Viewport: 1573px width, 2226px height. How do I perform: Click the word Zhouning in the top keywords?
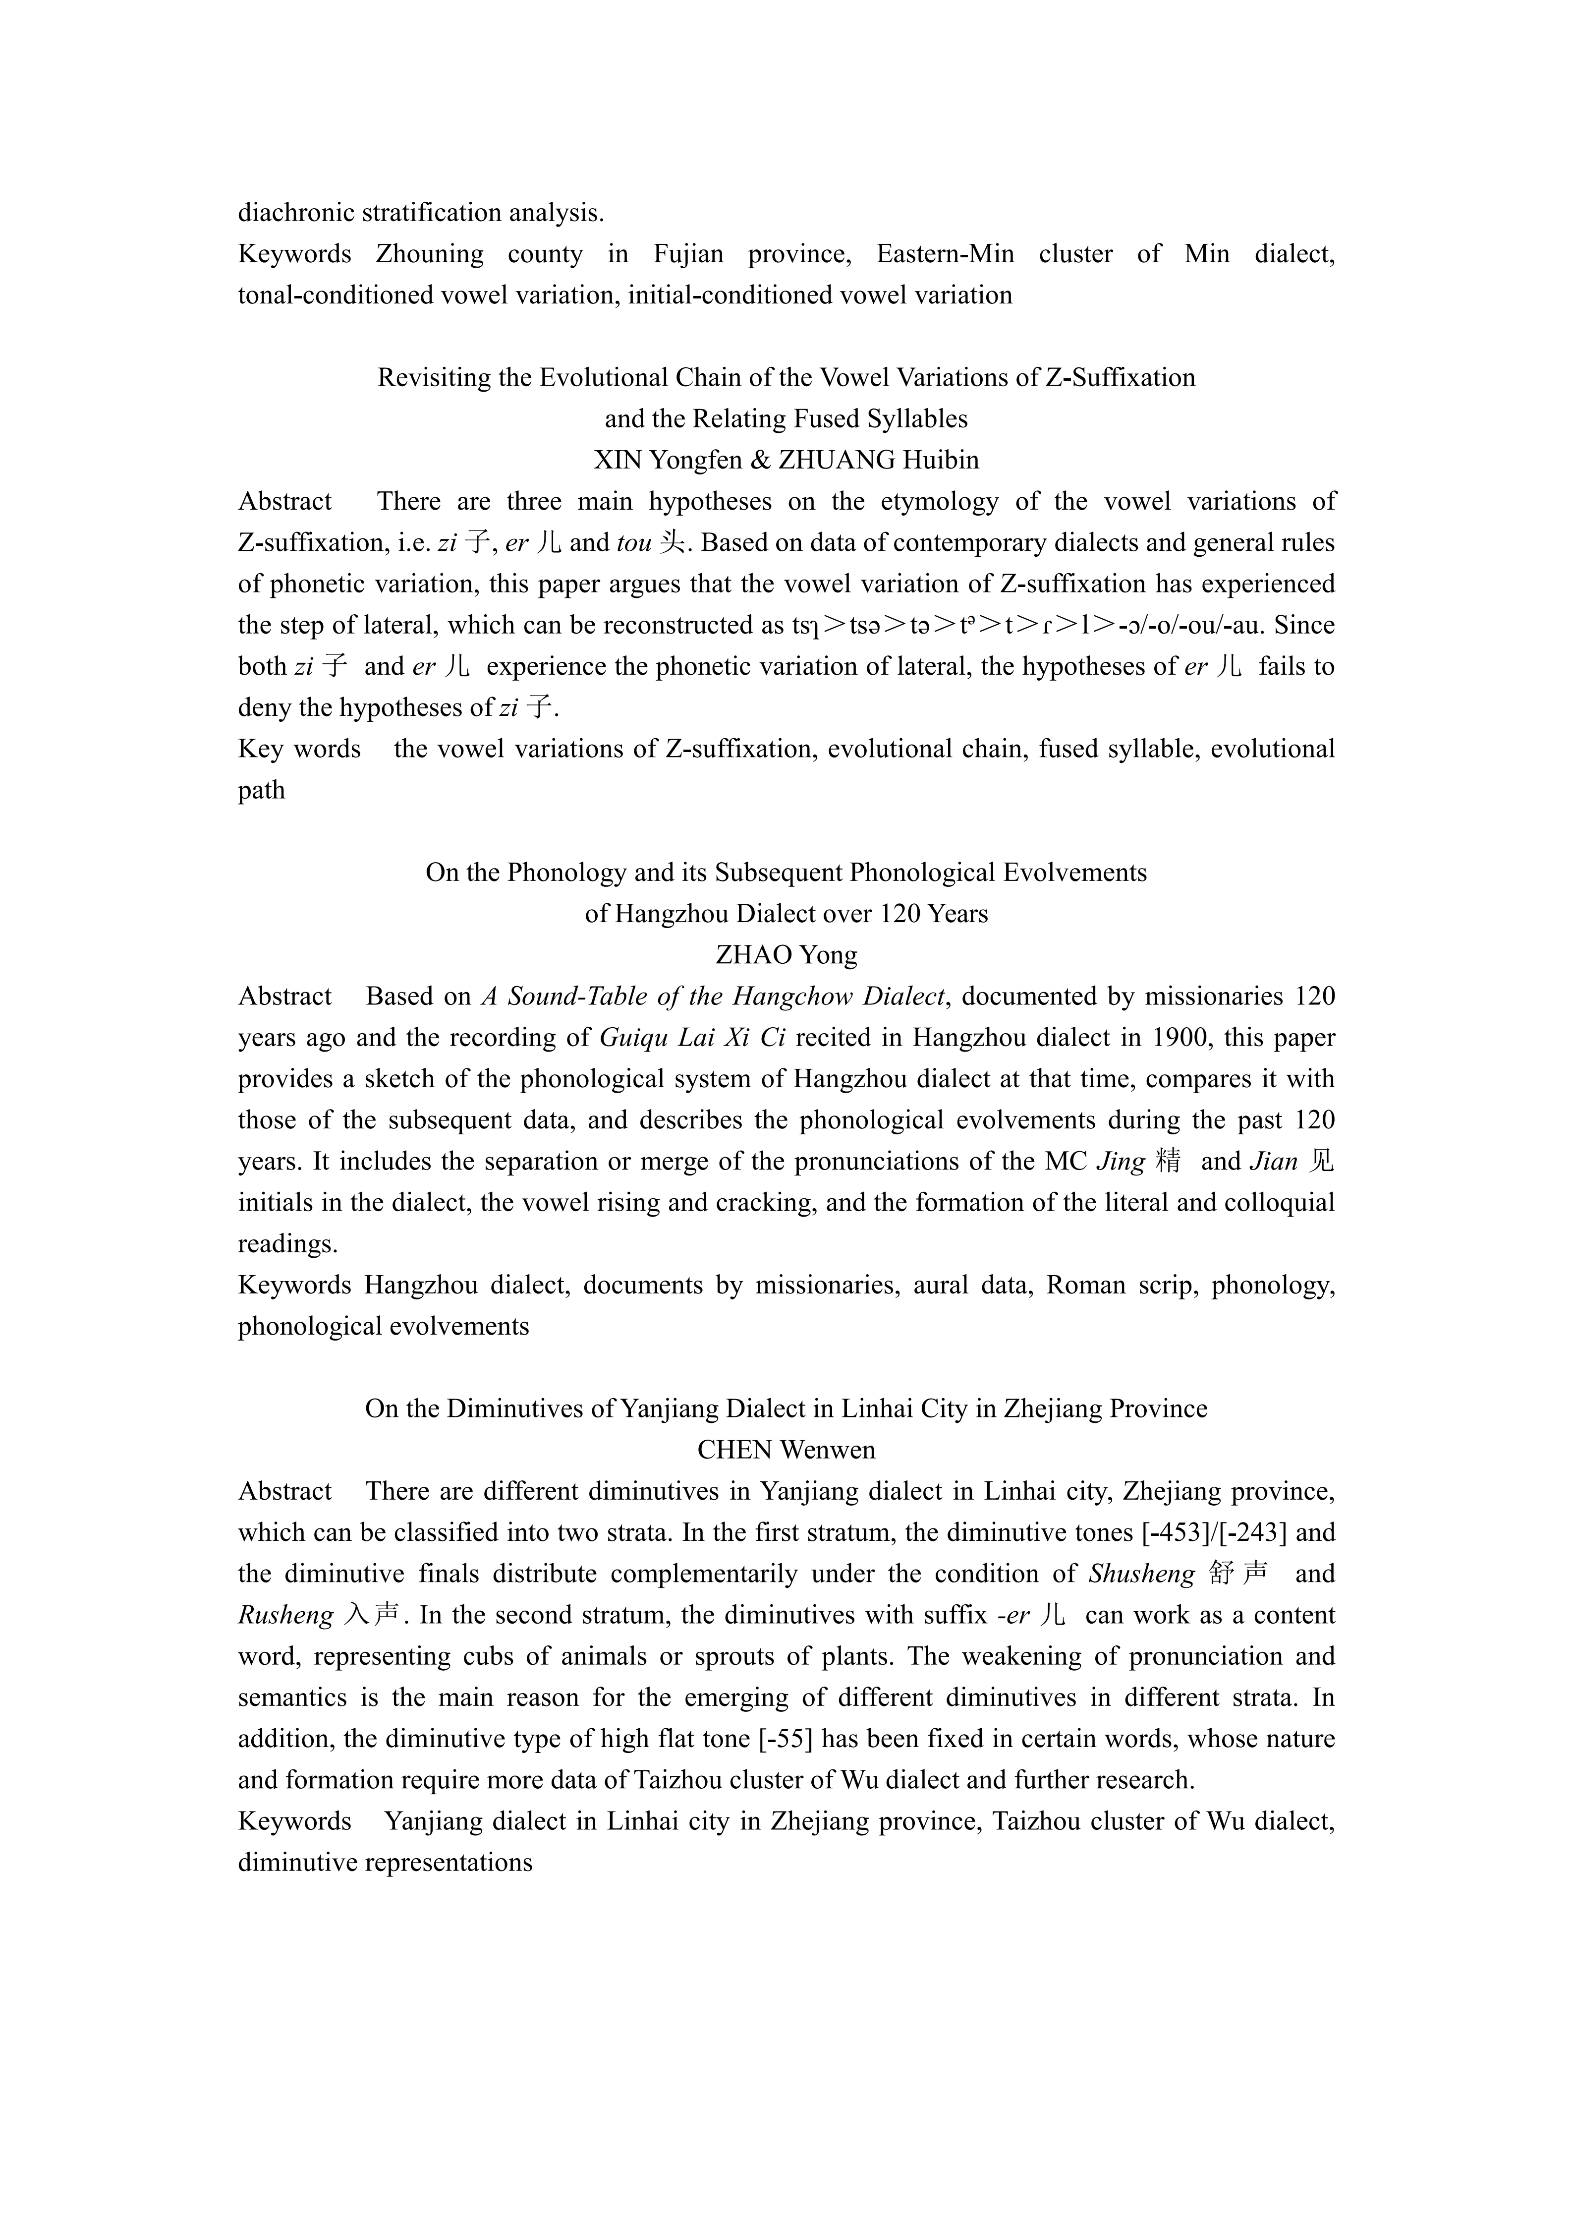(x=430, y=254)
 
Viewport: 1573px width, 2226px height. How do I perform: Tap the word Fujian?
(x=688, y=254)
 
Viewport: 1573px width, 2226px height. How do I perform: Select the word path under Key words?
(x=262, y=790)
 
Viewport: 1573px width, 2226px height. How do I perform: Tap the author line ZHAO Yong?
(x=786, y=955)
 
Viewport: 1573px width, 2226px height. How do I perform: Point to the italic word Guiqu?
(x=631, y=1037)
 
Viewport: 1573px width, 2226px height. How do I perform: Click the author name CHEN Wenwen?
(x=786, y=1451)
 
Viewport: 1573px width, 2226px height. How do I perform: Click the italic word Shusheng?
(x=1142, y=1574)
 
